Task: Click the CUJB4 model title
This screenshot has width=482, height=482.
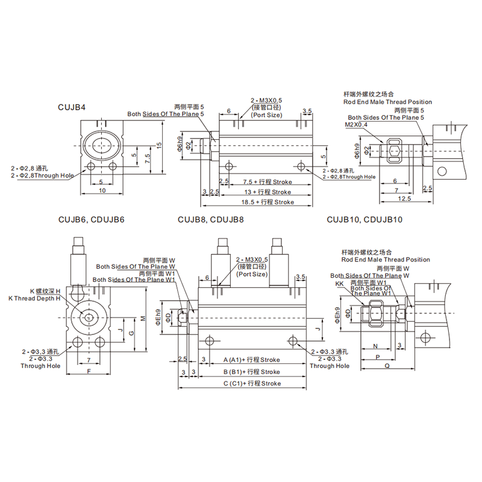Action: [x=72, y=107]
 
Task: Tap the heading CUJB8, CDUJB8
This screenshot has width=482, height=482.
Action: [x=211, y=221]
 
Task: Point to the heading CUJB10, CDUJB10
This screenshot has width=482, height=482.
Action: [x=364, y=221]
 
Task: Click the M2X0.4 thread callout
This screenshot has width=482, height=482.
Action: [x=357, y=125]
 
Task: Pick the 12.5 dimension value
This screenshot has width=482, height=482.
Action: [x=404, y=198]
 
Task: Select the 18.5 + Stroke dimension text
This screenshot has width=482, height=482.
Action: [x=268, y=202]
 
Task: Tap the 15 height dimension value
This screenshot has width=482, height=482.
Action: [x=158, y=145]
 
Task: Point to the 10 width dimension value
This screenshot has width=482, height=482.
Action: [x=102, y=191]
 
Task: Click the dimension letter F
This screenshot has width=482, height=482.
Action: [x=89, y=371]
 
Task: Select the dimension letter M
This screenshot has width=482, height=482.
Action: [x=142, y=318]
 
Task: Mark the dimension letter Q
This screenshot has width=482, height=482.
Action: [x=386, y=366]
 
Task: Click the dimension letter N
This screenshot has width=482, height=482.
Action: [x=375, y=346]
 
